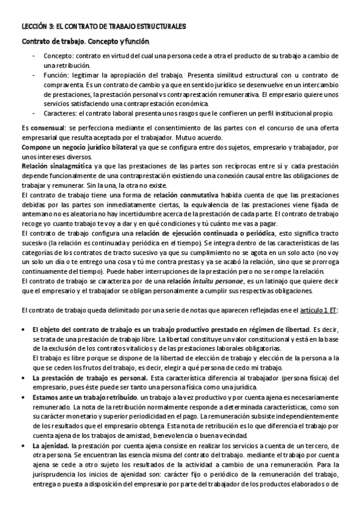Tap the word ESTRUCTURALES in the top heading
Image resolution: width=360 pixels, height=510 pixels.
pos(158,26)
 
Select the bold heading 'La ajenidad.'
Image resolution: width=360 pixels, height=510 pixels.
pos(50,444)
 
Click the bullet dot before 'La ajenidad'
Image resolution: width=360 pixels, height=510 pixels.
pos(23,445)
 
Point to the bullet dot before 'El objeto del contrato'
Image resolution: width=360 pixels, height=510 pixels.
pos(23,330)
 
